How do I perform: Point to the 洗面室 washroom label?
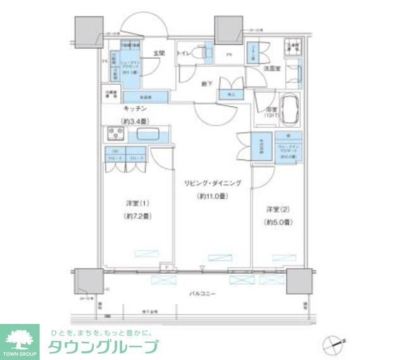(273, 67)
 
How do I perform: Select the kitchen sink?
(147, 135)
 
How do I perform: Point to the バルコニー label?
(201, 294)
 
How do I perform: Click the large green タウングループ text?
(103, 347)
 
